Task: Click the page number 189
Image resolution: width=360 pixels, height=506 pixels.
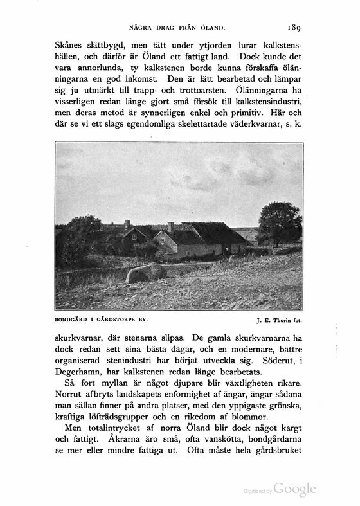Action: (x=292, y=28)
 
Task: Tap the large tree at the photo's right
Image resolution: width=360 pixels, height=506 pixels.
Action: (x=280, y=223)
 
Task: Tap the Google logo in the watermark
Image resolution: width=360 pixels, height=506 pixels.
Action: (x=294, y=489)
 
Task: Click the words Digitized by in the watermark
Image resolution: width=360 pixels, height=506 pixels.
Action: (x=258, y=491)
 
